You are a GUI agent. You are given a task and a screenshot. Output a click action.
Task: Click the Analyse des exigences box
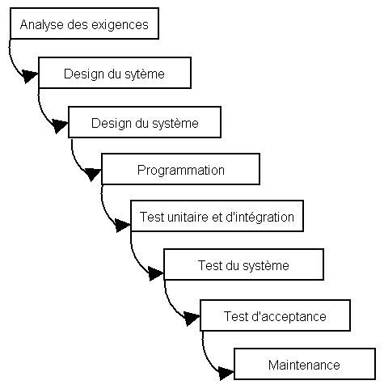point(83,24)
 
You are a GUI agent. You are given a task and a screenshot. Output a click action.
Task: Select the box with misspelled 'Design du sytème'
point(114,74)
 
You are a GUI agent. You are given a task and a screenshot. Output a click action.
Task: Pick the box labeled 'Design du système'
point(145,122)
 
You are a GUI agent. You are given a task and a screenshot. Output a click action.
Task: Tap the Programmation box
point(180,170)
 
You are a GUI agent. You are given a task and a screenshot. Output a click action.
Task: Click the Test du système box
point(243,265)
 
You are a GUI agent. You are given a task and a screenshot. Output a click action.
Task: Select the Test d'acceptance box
point(275,315)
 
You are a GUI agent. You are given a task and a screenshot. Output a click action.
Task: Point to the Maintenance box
point(304,365)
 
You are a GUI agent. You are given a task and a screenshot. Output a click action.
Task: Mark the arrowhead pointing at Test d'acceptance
point(192,319)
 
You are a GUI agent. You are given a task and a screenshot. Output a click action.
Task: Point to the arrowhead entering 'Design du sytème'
point(30,76)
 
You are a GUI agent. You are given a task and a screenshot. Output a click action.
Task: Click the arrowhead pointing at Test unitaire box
point(123,223)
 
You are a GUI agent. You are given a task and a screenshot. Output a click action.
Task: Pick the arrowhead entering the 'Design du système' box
point(60,126)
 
